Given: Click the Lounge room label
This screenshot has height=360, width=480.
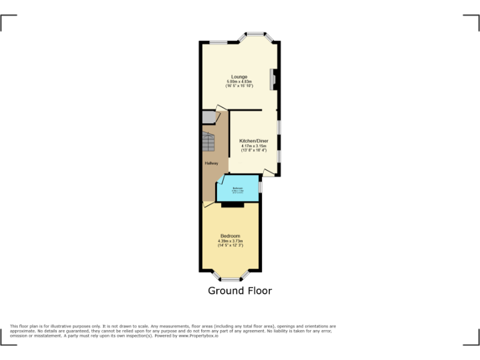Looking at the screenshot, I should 239,77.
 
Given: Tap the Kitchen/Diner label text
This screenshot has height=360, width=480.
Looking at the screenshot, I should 254,141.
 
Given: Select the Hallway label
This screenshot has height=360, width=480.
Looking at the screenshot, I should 212,164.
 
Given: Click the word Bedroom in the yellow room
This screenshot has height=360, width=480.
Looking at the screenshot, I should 230,236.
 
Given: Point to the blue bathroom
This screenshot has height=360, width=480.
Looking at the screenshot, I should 238,189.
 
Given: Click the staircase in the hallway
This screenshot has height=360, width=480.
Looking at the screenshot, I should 209,144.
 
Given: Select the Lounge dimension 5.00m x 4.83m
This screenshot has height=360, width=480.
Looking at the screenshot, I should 239,81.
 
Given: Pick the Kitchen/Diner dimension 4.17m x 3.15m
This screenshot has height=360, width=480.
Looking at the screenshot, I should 254,146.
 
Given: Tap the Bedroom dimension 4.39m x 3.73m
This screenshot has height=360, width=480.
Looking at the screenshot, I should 230,241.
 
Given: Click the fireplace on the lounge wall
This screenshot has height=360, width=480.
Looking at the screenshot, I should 273,79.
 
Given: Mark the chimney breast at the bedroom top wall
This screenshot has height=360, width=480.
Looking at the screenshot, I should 232,204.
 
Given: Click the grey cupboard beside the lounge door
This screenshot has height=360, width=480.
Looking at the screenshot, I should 208,117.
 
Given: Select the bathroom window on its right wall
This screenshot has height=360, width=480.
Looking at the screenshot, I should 260,186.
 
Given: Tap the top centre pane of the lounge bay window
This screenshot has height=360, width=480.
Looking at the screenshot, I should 255,33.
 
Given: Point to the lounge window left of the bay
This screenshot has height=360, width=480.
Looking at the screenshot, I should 218,42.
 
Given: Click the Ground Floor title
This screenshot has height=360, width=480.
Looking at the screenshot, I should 239,291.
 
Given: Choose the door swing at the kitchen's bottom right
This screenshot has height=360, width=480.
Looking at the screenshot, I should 269,172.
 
